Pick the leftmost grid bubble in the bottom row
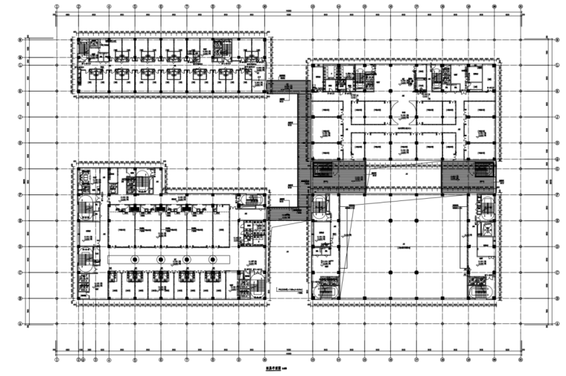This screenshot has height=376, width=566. click(57, 360)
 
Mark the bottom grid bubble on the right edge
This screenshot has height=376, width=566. click(558, 325)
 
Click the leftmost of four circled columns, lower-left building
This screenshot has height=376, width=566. click(135, 258)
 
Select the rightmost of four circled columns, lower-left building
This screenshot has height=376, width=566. click(213, 258)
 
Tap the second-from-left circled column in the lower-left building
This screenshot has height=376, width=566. click(161, 258)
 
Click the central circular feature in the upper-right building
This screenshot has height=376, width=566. click(403, 112)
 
